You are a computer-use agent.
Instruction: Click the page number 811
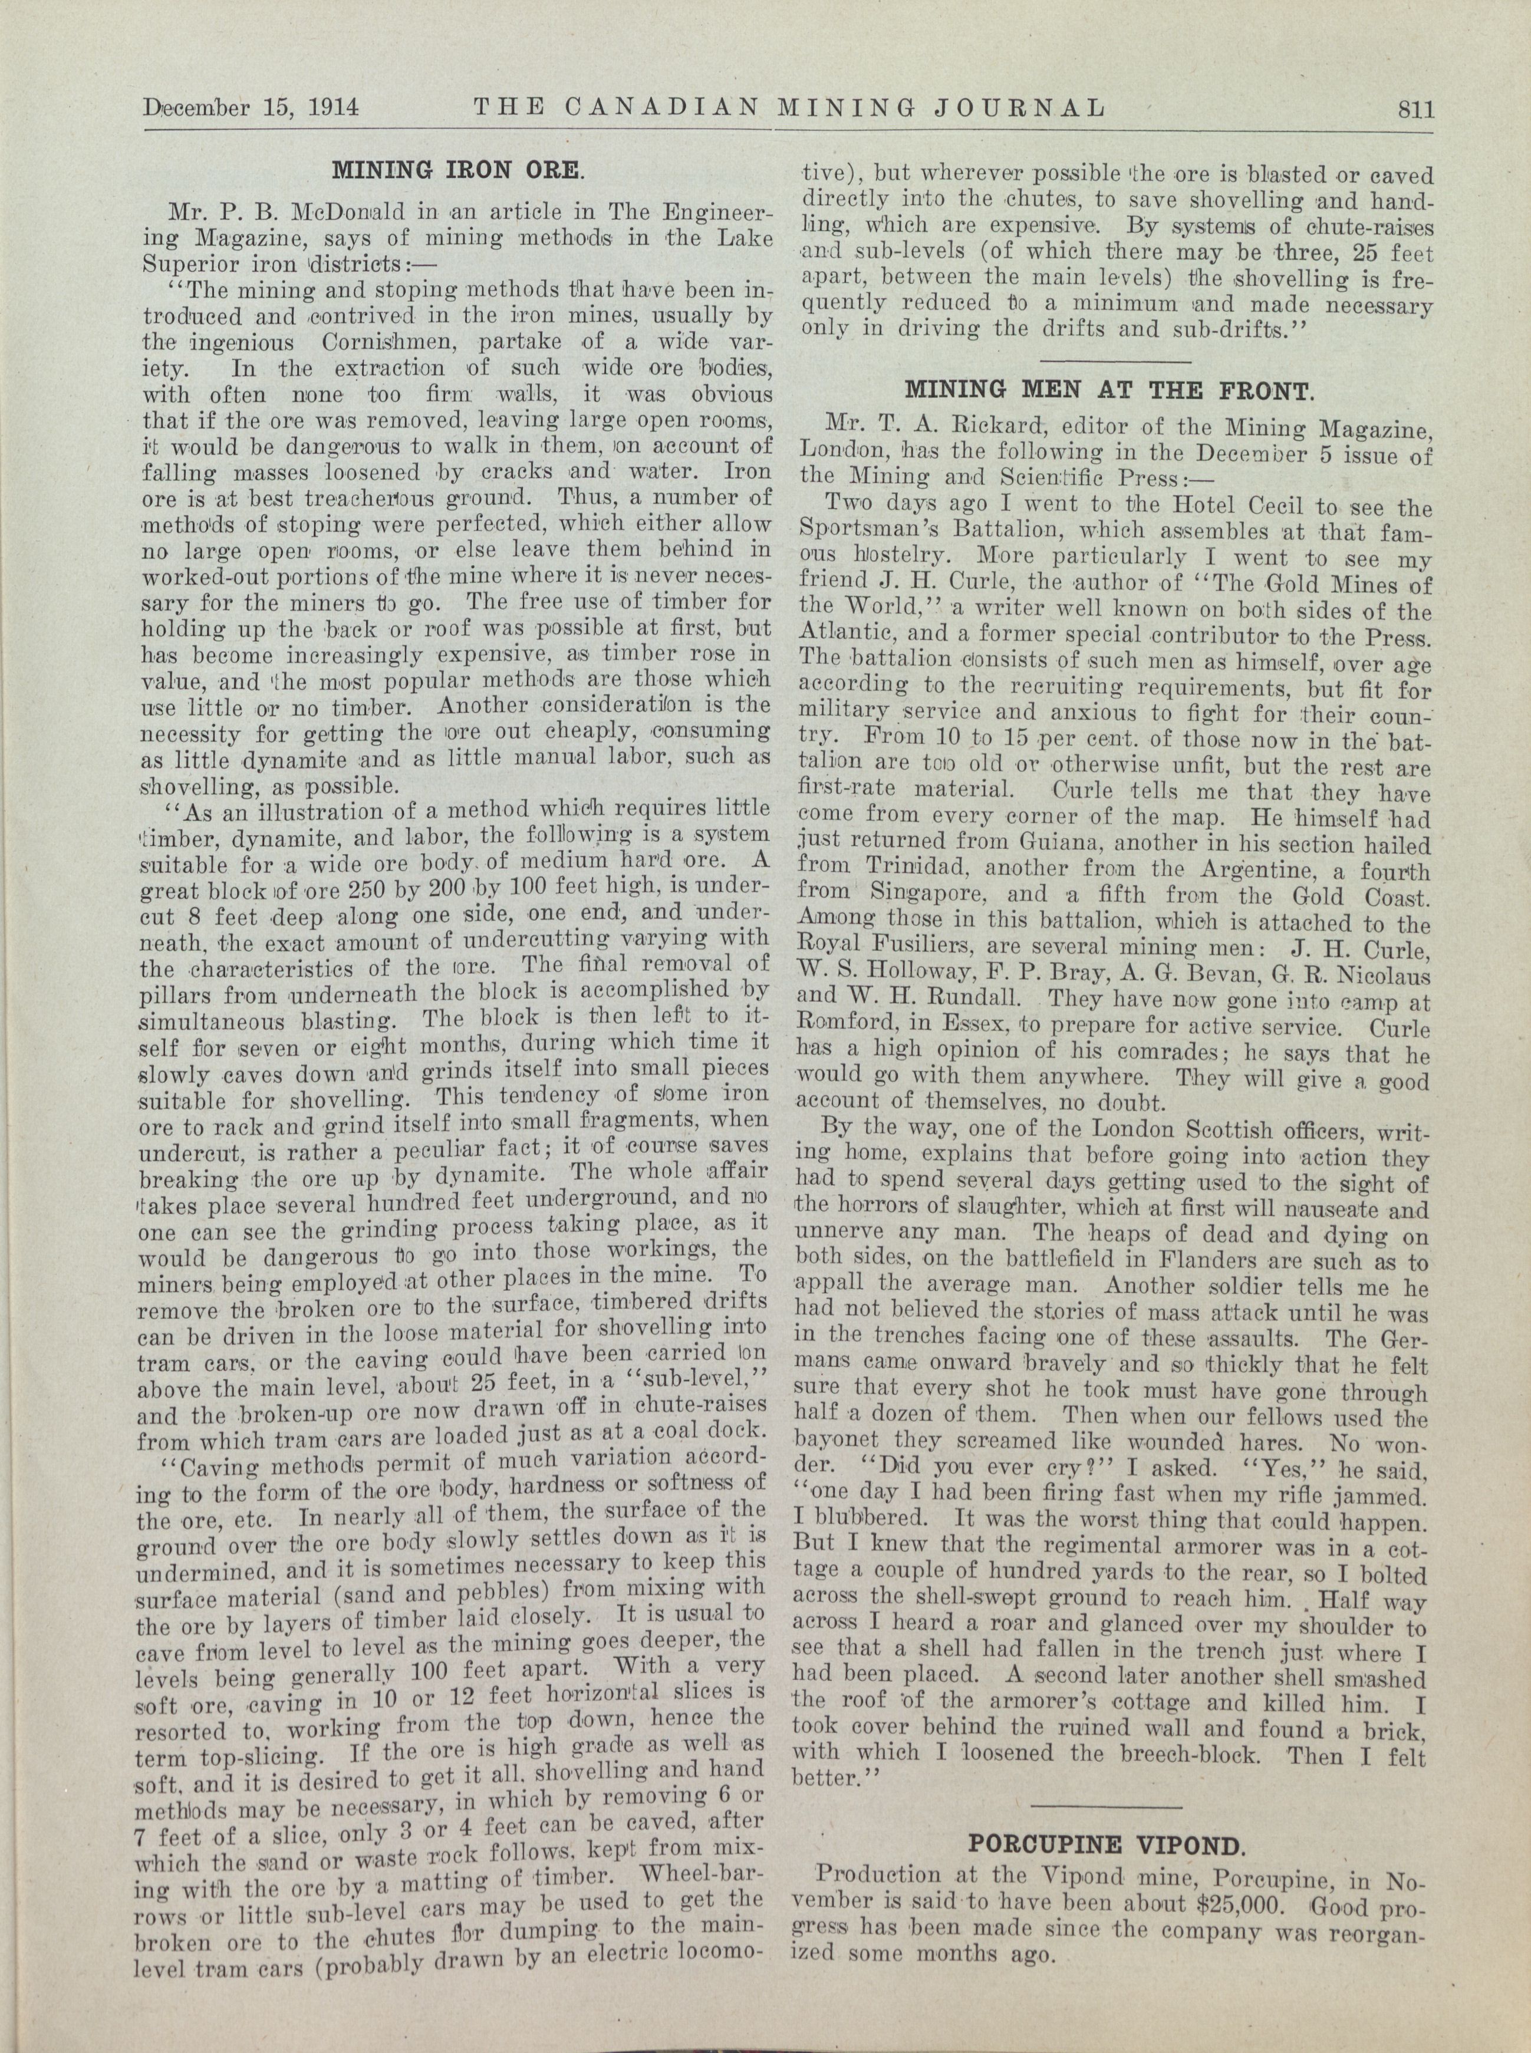tap(1415, 109)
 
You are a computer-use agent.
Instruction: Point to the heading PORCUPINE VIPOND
tap(1105, 1844)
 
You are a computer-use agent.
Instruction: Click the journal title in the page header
tap(789, 108)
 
